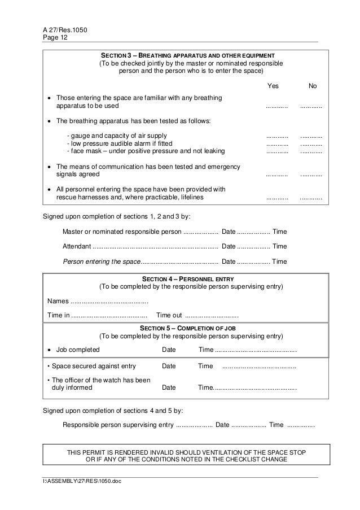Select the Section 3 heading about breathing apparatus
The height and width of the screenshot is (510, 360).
coord(187,55)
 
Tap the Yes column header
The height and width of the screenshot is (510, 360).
coord(273,86)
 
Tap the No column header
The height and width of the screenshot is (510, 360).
coord(312,86)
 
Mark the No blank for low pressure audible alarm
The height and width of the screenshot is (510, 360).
coord(311,144)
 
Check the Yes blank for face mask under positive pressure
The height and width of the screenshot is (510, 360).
coord(277,151)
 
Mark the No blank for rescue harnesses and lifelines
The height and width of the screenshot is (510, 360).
coord(311,198)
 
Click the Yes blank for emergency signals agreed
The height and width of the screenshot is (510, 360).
coord(277,176)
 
